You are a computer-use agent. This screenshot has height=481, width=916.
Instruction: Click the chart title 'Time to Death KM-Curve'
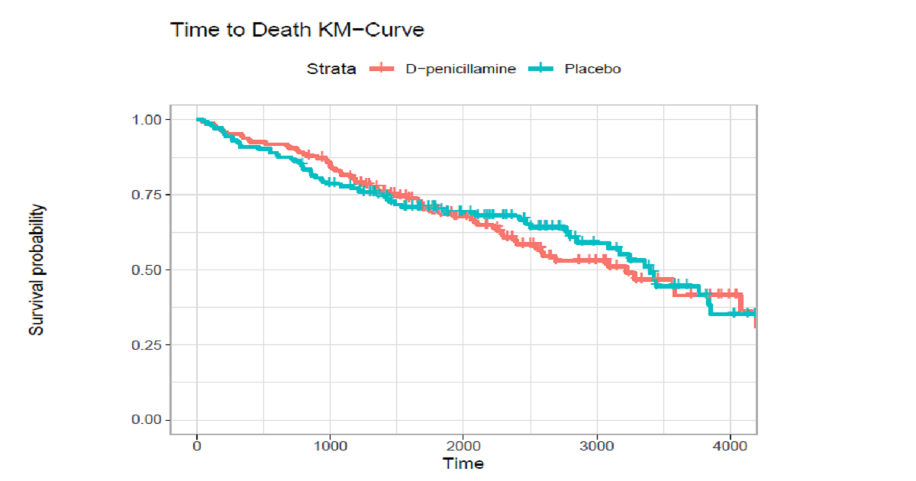pos(297,31)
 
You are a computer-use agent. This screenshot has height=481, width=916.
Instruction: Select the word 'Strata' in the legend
pos(331,69)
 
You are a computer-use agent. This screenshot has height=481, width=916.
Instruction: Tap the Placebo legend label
pos(592,69)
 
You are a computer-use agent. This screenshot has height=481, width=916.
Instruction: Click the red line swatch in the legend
pos(381,69)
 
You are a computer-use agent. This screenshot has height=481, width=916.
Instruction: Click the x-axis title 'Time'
pos(463,463)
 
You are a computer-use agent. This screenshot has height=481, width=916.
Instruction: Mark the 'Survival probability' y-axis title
pos(37,270)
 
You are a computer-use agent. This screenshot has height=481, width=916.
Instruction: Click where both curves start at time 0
pos(198,119)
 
